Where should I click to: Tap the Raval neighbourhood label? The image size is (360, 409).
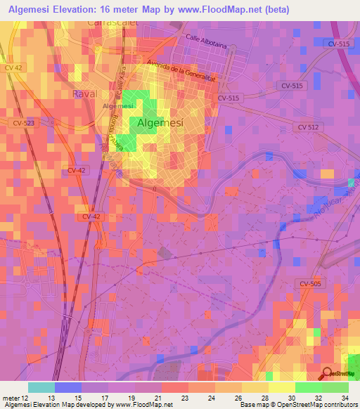pos(84,93)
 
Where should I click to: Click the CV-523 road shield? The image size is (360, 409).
pos(22,122)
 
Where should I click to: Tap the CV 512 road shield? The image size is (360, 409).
pos(308,127)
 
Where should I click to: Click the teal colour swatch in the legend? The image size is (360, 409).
pos(41,387)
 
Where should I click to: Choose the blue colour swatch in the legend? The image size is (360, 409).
pos(68,387)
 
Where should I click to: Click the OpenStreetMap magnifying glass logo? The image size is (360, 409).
pos(328,374)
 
